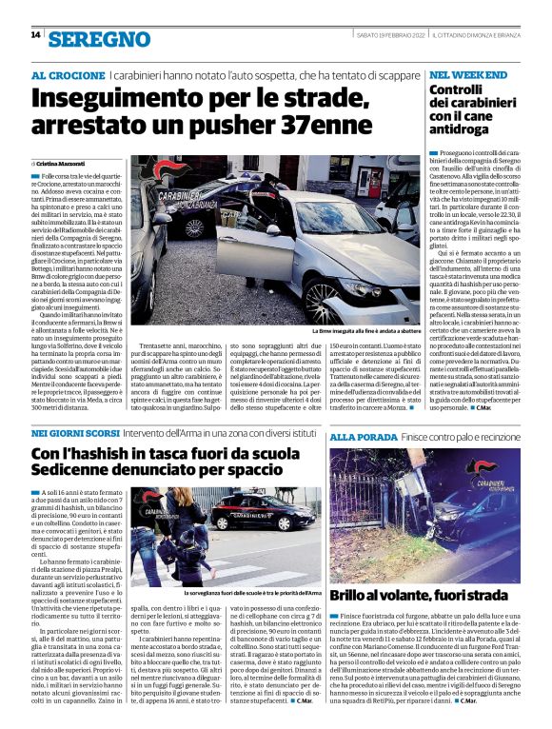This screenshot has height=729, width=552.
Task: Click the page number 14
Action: tap(35, 35)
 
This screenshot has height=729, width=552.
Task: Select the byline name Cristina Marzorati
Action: tap(63, 164)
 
